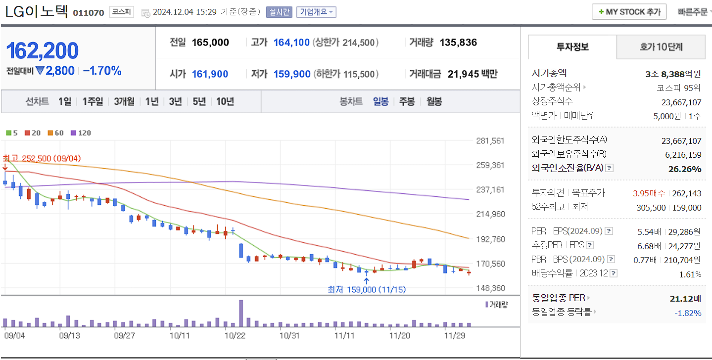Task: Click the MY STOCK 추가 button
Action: click(629, 12)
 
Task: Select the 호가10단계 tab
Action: click(661, 47)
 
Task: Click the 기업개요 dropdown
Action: click(316, 12)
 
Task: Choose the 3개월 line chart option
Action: click(124, 101)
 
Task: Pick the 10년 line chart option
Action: click(225, 101)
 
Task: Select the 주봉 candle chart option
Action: click(407, 101)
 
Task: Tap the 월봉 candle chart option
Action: click(434, 101)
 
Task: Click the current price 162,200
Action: click(42, 51)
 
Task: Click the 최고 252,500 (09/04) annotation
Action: click(42, 158)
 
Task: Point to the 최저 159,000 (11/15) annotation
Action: click(366, 289)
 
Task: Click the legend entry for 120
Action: click(81, 133)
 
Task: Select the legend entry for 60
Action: click(56, 133)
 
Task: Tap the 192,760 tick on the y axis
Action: click(490, 239)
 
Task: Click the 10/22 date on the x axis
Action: click(235, 335)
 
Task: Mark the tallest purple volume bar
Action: click(241, 314)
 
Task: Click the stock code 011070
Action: click(89, 12)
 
